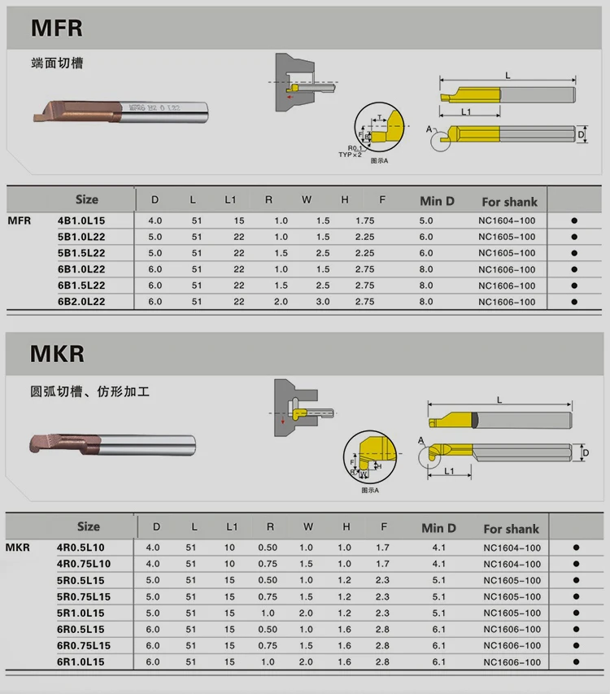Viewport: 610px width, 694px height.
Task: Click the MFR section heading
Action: click(57, 28)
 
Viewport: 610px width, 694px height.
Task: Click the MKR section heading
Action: click(57, 355)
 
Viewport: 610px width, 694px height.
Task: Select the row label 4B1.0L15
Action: click(81, 220)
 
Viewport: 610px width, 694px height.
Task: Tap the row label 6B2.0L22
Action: click(81, 302)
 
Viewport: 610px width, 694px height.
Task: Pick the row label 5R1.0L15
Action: click(81, 613)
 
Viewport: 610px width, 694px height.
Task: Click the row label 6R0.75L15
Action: click(84, 645)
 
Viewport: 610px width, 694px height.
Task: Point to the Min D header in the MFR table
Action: click(437, 201)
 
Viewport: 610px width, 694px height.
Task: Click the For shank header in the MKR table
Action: click(511, 529)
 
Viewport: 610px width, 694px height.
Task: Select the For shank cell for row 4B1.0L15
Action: click(507, 220)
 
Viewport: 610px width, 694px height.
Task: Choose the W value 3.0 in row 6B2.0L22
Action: click(323, 302)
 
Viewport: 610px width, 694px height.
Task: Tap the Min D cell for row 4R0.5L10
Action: click(438, 548)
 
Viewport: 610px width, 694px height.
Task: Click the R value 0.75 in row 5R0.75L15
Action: click(268, 596)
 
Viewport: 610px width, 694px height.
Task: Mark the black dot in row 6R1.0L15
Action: click(576, 661)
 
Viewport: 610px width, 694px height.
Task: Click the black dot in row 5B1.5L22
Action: click(574, 253)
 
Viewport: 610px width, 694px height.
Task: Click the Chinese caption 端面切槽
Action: click(57, 63)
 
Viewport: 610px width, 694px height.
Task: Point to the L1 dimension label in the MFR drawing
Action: click(466, 111)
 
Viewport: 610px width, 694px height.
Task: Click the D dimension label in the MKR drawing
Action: click(586, 452)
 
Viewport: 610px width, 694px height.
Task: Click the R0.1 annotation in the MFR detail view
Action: click(353, 147)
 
